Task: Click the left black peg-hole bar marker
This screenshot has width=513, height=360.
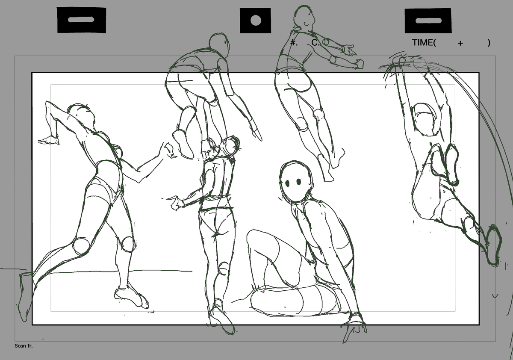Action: click(x=82, y=20)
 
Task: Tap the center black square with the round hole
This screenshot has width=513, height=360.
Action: click(x=255, y=21)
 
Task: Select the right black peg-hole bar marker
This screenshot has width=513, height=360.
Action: click(x=427, y=21)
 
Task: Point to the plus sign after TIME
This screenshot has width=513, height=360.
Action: click(x=460, y=43)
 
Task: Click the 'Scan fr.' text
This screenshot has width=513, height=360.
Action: click(x=24, y=346)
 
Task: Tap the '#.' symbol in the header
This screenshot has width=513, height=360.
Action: click(x=293, y=42)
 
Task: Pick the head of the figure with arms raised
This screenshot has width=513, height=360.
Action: click(x=424, y=118)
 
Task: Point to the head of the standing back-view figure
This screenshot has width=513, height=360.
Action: click(x=230, y=146)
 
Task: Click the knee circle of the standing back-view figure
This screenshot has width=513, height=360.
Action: click(x=223, y=269)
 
